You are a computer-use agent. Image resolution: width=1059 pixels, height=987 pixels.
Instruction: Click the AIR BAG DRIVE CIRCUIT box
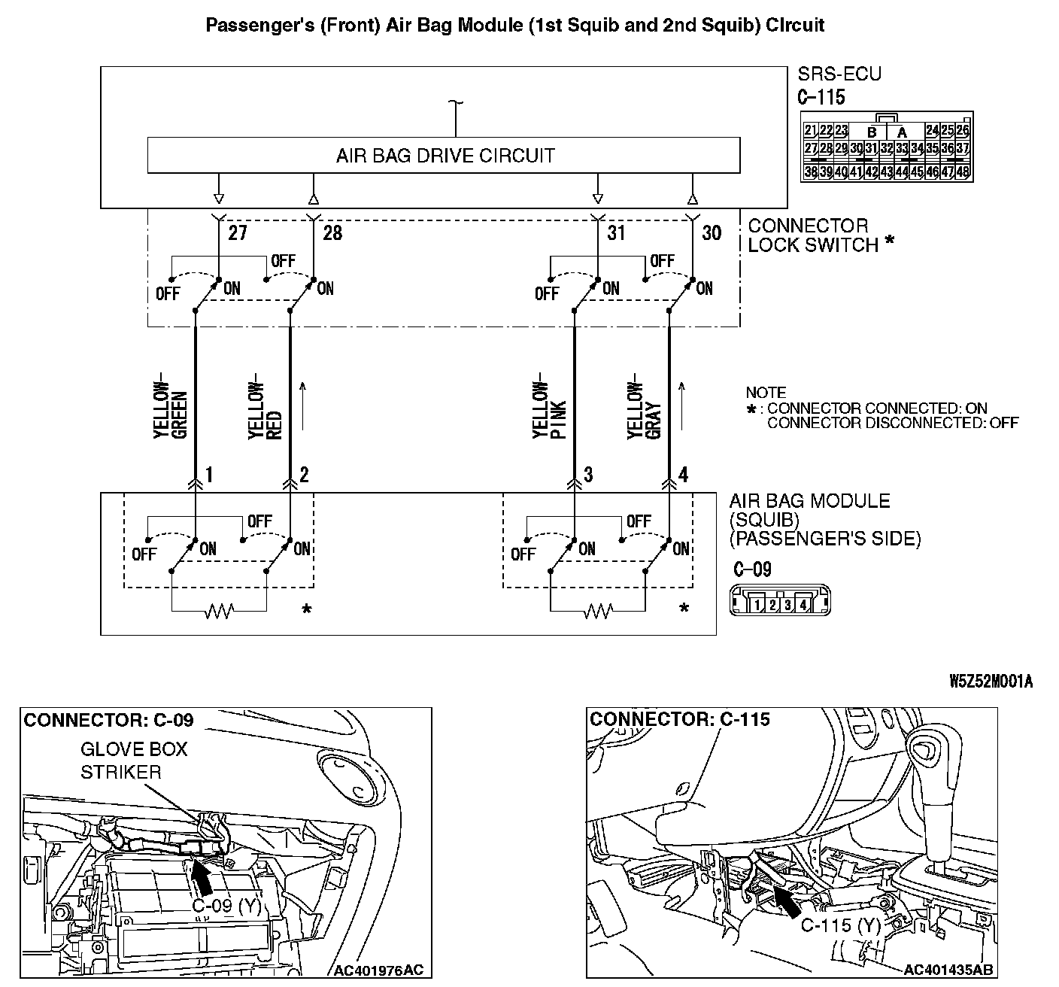[444, 156]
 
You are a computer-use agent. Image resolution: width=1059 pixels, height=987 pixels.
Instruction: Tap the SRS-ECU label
[839, 74]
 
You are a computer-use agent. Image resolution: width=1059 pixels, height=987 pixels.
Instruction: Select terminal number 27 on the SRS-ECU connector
[238, 232]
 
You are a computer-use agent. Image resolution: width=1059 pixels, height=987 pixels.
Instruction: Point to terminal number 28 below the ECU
[332, 232]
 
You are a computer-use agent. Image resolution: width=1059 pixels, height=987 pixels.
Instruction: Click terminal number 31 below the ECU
[616, 232]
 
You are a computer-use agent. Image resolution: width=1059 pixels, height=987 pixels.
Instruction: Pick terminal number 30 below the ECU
[711, 232]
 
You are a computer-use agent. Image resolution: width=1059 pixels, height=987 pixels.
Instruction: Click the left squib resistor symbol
[219, 612]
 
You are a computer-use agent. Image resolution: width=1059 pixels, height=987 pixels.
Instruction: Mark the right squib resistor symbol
[597, 612]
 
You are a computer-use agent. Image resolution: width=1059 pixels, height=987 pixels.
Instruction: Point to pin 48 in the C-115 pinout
[963, 172]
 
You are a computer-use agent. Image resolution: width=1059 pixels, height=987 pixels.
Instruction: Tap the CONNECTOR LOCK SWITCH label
[812, 235]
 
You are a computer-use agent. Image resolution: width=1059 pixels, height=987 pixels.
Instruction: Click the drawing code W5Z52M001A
[991, 682]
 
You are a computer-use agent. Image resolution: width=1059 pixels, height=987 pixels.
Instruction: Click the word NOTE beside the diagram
[766, 393]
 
